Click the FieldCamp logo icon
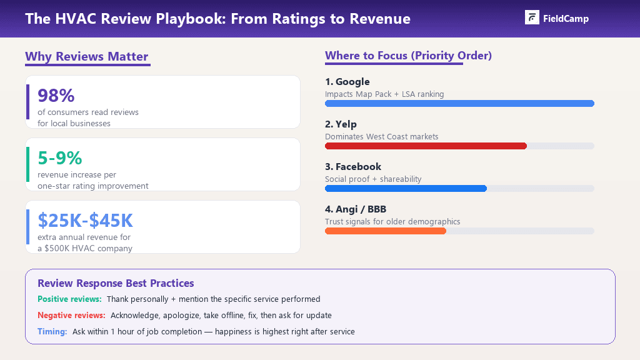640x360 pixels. pos(532,17)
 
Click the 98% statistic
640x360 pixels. pos(56,96)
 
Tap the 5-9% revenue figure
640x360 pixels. pos(60,158)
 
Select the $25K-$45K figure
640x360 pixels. pos(86,221)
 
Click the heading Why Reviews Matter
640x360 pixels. pos(87,56)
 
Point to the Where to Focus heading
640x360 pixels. pos(408,56)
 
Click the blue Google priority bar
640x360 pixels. pos(459,103)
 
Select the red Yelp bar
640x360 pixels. pos(426,146)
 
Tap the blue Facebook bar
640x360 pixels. pos(406,188)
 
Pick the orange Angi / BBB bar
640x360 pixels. pos(386,231)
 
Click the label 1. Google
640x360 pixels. pos(347,82)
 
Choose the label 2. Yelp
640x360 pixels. pos(341,124)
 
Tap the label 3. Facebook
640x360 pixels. pos(353,167)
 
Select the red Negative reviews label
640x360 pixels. pos(71,316)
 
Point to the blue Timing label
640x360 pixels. pos(52,332)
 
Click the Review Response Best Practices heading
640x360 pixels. pos(116,283)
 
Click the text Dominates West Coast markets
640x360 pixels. pos(382,136)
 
